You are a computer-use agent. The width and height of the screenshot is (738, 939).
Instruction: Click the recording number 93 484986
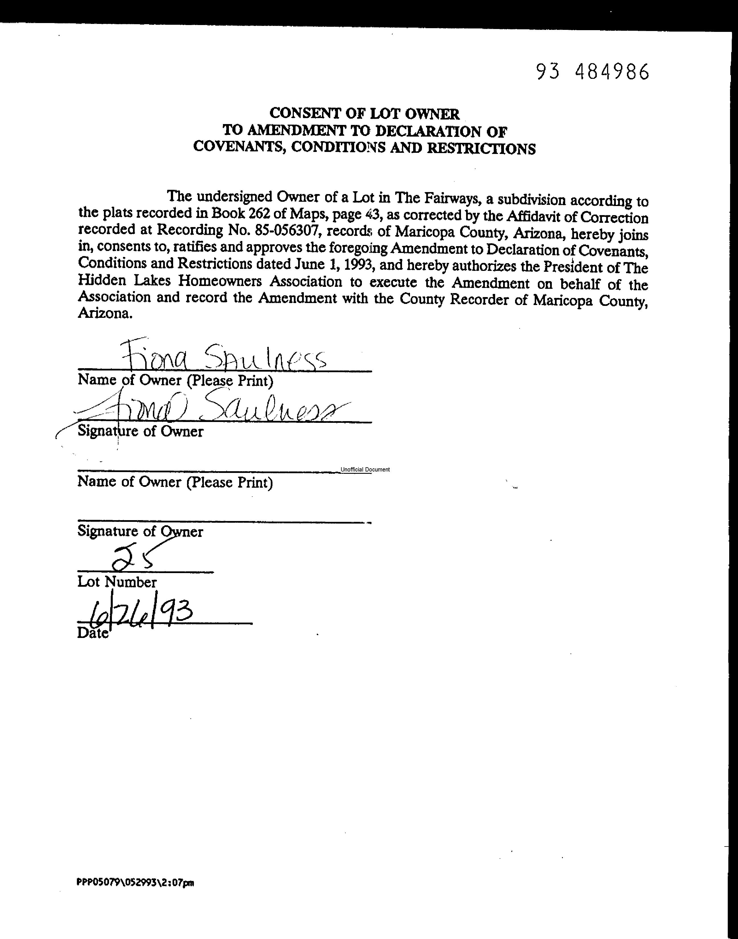tap(593, 72)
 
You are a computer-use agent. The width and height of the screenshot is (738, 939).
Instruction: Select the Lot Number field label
tap(117, 582)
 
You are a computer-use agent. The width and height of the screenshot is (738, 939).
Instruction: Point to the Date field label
tap(93, 633)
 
